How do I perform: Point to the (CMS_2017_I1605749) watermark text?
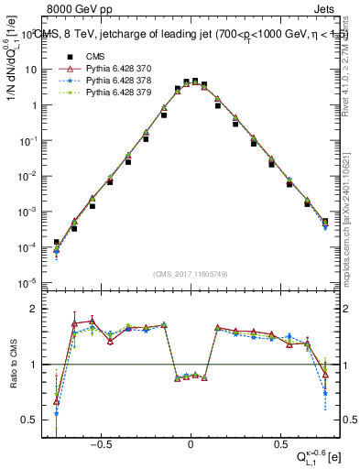pyautogui.click(x=191, y=274)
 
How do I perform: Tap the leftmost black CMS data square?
pyautogui.click(x=57, y=243)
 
